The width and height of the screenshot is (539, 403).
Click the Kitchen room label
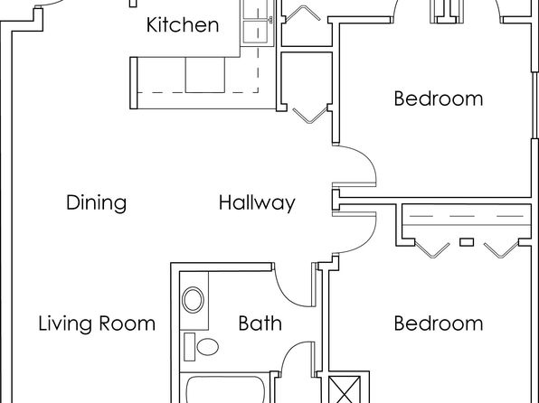(183, 24)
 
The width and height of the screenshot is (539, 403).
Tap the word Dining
(96, 202)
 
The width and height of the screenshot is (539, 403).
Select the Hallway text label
(257, 202)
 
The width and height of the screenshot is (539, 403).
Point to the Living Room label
(97, 323)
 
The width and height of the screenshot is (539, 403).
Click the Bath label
(260, 323)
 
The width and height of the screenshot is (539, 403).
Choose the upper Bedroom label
(439, 98)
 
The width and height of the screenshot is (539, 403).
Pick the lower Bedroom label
(439, 323)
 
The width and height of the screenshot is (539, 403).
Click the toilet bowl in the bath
(208, 347)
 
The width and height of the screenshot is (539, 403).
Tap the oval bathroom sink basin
(194, 300)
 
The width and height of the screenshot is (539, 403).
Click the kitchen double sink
(255, 23)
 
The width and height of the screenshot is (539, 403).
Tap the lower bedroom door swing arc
(366, 241)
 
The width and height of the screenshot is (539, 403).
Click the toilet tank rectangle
(189, 347)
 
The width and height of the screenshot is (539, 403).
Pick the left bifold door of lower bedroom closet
(432, 249)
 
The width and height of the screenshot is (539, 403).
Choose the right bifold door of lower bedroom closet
(501, 249)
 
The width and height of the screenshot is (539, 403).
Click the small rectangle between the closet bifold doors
(467, 242)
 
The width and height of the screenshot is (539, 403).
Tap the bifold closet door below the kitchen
(310, 116)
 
